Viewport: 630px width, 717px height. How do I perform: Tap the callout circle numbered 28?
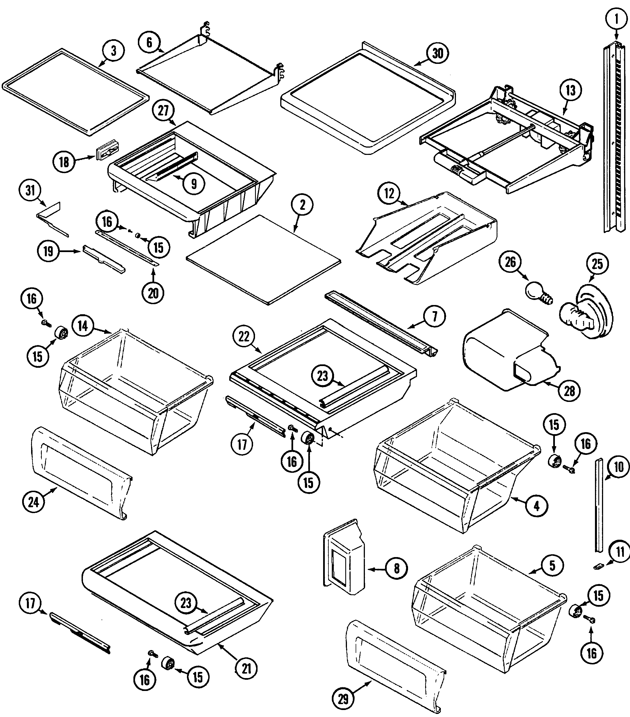point(569,391)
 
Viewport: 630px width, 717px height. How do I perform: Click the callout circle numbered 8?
point(397,568)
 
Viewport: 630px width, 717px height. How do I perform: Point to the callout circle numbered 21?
point(247,669)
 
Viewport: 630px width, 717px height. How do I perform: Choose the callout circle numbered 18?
point(64,162)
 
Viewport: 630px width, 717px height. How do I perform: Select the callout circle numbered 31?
point(31,190)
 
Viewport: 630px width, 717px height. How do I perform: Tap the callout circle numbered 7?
point(435,317)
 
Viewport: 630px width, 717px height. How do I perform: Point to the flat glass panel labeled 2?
point(263,260)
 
